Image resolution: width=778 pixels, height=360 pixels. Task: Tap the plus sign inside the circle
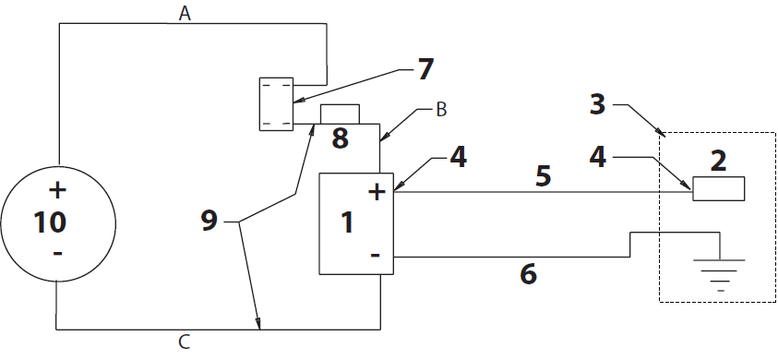point(57,192)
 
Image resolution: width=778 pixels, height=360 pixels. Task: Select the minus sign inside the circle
point(57,252)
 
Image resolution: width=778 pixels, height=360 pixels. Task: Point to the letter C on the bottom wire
point(184,343)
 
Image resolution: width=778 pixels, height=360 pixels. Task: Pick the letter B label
point(441,110)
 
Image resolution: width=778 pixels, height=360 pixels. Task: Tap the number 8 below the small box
point(340,138)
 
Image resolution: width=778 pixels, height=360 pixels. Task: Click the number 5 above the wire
point(545,175)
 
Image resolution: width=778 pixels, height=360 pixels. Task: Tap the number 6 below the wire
point(528,274)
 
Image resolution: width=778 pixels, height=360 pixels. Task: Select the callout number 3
point(598,104)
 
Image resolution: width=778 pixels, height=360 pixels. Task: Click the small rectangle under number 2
point(719,188)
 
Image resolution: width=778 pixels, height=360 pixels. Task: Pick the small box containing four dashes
point(275,103)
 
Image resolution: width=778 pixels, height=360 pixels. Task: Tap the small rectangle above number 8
point(338,114)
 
